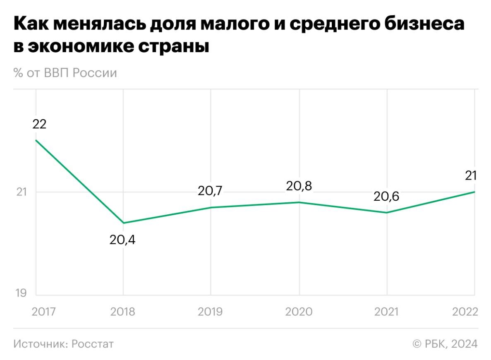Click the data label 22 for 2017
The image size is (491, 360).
tap(40, 124)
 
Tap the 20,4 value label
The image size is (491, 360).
tap(122, 240)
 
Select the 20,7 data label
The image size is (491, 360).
tap(210, 191)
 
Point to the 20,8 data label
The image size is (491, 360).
tap(299, 186)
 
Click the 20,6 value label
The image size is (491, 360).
tap(386, 197)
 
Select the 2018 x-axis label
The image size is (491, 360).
tap(122, 312)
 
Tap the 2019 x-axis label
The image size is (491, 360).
tap(210, 312)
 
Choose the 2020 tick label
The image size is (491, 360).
tap(299, 312)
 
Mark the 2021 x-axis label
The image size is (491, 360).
tap(386, 312)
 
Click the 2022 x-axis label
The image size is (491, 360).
tap(465, 312)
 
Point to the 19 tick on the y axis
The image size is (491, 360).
tap(21, 293)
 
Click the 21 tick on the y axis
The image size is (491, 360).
tap(21, 192)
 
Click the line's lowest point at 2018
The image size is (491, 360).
tap(123, 223)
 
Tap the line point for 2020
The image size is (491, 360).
tap(299, 202)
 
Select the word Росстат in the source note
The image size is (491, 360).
tap(92, 344)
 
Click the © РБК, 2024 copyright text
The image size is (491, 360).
tap(445, 344)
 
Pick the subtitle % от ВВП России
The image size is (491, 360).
tap(65, 73)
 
